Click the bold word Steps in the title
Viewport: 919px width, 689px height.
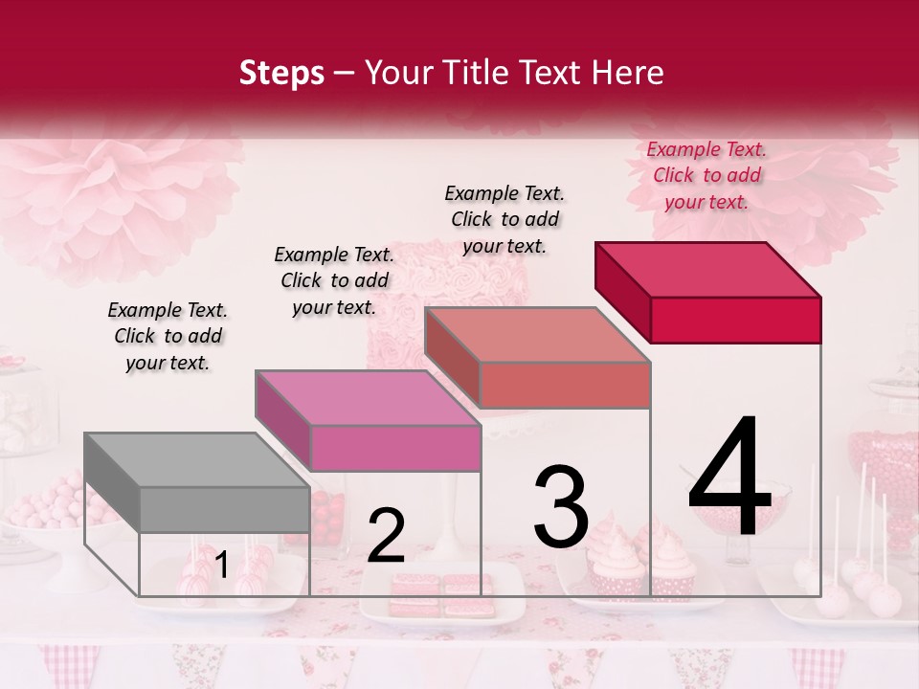[281, 73]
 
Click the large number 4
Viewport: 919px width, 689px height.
[730, 478]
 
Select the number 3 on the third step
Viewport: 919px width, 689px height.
[561, 506]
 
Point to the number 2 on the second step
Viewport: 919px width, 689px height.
[386, 536]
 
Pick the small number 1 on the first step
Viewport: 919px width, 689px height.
[222, 566]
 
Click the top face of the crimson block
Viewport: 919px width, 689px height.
[707, 269]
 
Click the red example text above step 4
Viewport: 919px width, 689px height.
[706, 175]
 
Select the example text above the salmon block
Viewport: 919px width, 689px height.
[504, 219]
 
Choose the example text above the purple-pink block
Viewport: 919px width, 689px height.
[334, 280]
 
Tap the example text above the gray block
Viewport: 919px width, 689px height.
[168, 336]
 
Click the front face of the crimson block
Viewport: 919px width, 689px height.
[735, 320]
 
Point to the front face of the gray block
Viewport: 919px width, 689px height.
[225, 509]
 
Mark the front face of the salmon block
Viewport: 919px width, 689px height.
[565, 385]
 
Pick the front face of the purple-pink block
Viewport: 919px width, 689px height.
[395, 448]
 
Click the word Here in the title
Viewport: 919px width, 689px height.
[627, 73]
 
